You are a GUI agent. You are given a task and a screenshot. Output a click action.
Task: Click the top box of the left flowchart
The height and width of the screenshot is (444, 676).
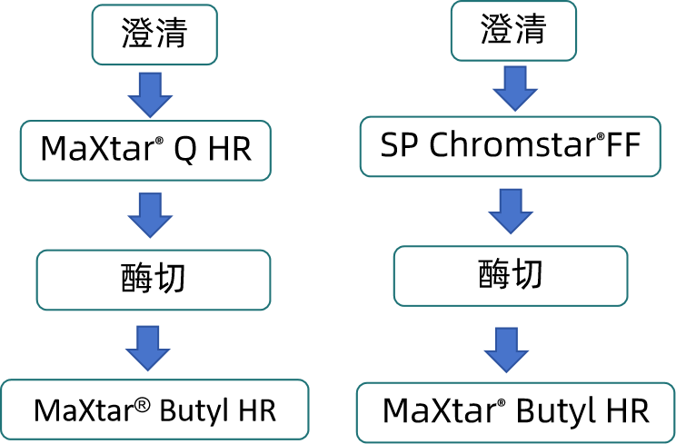click(154, 35)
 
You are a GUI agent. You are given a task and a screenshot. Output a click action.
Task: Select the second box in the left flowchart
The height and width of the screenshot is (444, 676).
click(145, 151)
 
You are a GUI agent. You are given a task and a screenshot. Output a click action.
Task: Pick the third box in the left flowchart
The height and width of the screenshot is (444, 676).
click(154, 280)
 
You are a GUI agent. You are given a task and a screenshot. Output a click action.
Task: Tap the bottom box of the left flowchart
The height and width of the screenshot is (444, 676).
click(155, 409)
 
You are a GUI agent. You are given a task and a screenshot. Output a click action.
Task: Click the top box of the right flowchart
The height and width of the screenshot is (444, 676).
click(513, 31)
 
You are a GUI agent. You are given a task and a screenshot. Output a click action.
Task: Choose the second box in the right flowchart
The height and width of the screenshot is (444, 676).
click(510, 146)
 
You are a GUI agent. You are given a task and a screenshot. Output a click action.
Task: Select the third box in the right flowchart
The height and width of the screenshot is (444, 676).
click(510, 276)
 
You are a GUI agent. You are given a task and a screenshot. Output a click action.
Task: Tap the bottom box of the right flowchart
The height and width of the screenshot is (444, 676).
click(514, 412)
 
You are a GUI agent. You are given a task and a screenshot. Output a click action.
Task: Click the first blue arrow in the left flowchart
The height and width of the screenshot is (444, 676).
click(150, 93)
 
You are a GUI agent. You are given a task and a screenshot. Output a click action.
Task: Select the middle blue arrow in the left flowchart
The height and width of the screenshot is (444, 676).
click(150, 213)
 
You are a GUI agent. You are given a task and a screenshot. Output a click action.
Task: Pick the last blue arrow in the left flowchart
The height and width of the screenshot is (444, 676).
click(148, 346)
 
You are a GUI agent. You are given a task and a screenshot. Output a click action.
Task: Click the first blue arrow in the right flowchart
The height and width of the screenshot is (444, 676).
click(515, 87)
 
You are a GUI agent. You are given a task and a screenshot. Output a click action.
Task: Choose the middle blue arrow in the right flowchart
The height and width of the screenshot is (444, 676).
click(511, 210)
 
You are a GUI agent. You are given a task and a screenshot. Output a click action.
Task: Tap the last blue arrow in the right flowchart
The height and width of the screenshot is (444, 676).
click(506, 349)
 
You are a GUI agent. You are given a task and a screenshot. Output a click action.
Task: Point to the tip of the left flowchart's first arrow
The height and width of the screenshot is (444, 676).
click(150, 116)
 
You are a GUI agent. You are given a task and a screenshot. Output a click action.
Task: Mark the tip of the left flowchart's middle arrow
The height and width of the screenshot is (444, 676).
click(150, 237)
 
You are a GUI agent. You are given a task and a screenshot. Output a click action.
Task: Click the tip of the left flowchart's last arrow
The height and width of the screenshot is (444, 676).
click(148, 370)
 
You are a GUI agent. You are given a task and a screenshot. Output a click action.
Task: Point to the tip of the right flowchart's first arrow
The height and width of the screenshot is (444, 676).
click(515, 111)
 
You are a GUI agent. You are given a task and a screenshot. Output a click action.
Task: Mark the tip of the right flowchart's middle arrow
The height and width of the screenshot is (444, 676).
click(511, 233)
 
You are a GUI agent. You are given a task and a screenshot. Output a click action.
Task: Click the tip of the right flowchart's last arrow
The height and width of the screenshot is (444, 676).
click(506, 371)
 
